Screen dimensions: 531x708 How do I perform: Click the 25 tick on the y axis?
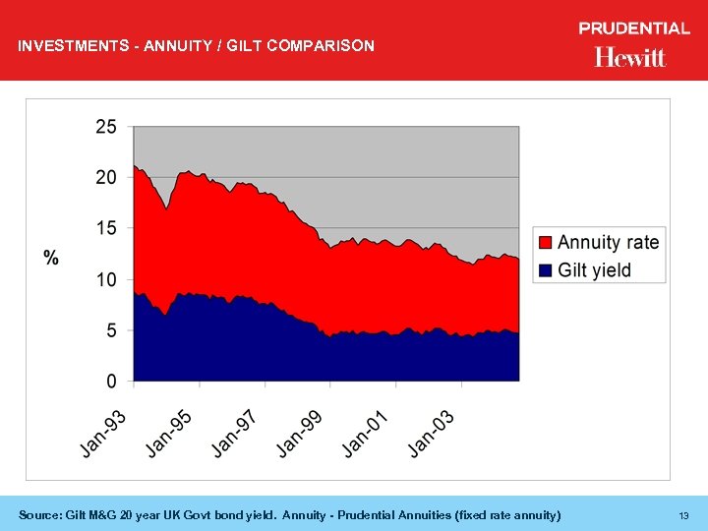click(x=105, y=127)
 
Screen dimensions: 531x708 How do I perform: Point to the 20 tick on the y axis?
click(x=105, y=178)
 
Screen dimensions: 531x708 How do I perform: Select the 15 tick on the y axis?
click(x=105, y=228)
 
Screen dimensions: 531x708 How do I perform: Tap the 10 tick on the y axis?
click(x=105, y=279)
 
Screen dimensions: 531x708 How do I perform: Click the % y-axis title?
click(x=51, y=258)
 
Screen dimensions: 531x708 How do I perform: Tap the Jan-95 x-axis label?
click(x=169, y=433)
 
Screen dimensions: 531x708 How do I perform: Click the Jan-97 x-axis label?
click(x=235, y=433)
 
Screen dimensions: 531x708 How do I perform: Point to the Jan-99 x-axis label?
click(x=300, y=433)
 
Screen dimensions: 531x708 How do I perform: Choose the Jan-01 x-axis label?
click(x=366, y=433)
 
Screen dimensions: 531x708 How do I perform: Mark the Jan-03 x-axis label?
click(x=432, y=433)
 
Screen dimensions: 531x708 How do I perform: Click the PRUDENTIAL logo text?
click(x=634, y=29)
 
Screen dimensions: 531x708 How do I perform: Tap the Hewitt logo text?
click(x=630, y=57)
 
